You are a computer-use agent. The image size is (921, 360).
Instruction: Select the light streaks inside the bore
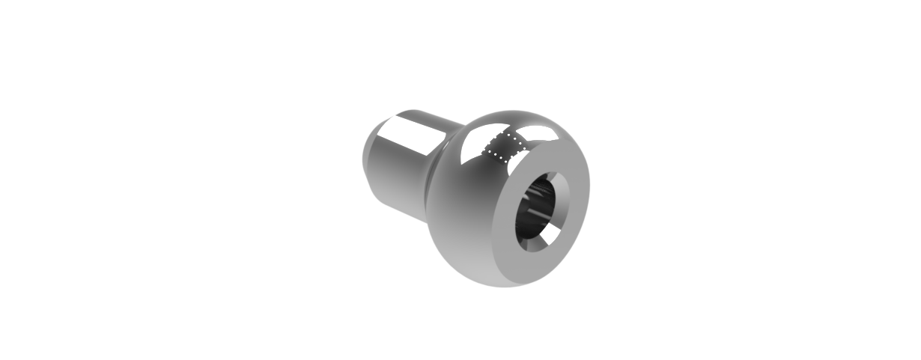click(535, 217)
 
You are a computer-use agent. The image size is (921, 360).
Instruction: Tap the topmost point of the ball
click(517, 112)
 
